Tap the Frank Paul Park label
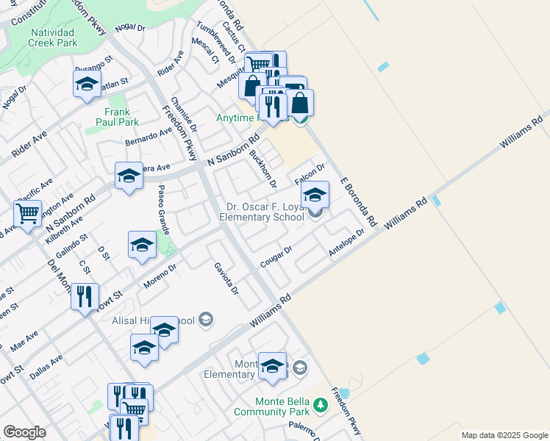[117, 117]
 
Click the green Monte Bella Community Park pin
[320, 405]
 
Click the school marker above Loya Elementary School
[315, 196]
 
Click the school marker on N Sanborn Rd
[129, 177]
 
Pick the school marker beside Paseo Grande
[142, 246]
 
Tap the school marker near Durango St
[87, 85]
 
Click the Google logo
[24, 432]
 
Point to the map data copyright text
[504, 435]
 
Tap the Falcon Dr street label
[310, 176]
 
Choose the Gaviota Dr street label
[226, 279]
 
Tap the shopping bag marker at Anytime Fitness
[300, 103]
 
